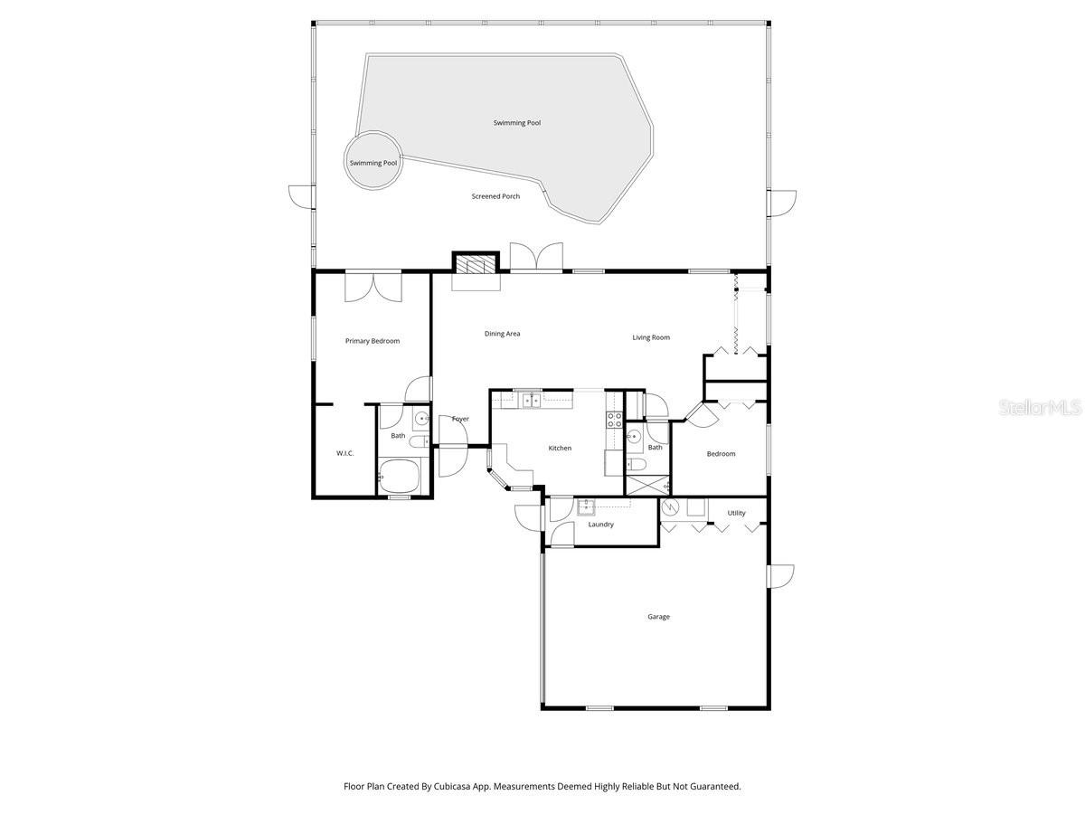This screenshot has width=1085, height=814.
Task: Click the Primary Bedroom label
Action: point(373,341)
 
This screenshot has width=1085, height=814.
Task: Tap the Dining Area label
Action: point(502,334)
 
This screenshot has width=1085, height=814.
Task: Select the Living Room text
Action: point(651,337)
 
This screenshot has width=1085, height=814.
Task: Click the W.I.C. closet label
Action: point(344,453)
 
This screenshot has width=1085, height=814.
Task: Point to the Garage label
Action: point(658,617)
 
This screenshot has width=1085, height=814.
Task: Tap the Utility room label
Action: point(737,513)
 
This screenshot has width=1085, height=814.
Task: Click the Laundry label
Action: point(600,525)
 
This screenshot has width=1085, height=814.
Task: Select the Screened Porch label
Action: point(495,196)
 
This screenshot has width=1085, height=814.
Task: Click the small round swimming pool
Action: point(373,162)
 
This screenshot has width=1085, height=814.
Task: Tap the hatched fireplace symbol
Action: point(476,264)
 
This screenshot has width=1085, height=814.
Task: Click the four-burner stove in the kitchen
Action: point(614,419)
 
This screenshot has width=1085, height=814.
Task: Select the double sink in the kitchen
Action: point(529,400)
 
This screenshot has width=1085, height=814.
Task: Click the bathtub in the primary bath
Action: point(398,473)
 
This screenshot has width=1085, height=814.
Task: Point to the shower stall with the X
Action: point(647,485)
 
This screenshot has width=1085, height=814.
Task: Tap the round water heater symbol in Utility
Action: point(671,506)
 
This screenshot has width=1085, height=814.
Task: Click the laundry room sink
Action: point(586,506)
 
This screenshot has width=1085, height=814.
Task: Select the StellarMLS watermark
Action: point(1040,408)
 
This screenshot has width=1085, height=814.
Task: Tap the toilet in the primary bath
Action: point(420,440)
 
